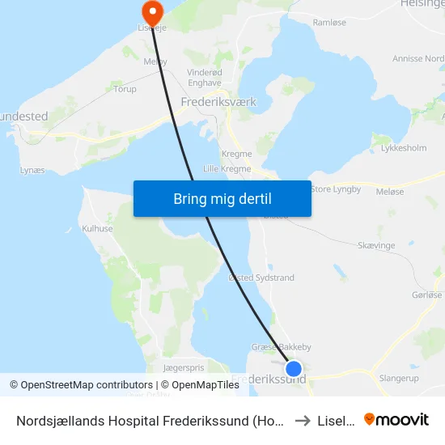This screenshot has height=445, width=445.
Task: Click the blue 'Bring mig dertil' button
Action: pyautogui.click(x=222, y=199)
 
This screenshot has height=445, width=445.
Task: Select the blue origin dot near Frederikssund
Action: pyautogui.click(x=294, y=368)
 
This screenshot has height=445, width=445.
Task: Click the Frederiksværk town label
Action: pyautogui.click(x=216, y=103)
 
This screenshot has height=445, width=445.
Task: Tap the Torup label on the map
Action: pyautogui.click(x=125, y=89)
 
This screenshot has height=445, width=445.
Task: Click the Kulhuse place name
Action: pyautogui.click(x=98, y=229)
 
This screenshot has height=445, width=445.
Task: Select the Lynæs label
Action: pyautogui.click(x=32, y=171)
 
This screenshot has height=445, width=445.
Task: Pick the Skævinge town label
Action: pyautogui.click(x=375, y=244)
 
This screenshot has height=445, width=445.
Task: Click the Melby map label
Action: pyautogui.click(x=155, y=61)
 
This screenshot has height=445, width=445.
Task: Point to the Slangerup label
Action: pyautogui.click(x=398, y=378)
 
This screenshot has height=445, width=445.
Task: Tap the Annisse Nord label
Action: pyautogui.click(x=417, y=59)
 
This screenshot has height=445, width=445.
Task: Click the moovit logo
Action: pyautogui.click(x=396, y=419)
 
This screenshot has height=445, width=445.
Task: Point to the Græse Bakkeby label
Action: pyautogui.click(x=276, y=347)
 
